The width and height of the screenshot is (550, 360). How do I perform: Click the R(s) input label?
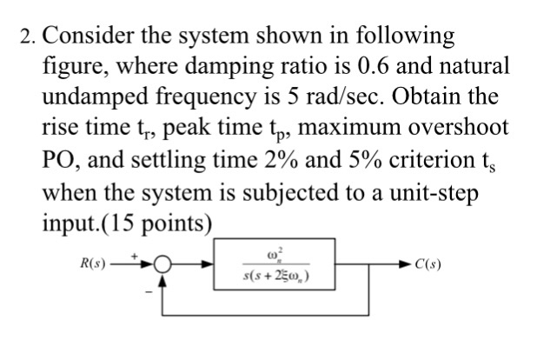pyautogui.click(x=93, y=263)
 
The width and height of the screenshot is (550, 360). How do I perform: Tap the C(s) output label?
pyautogui.click(x=428, y=263)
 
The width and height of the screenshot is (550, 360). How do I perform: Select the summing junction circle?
pyautogui.click(x=162, y=263)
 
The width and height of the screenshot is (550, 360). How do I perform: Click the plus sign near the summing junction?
pyautogui.click(x=134, y=257)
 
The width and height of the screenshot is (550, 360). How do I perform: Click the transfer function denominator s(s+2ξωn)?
pyautogui.click(x=276, y=277)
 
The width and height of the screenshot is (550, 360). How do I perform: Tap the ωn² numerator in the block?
pyautogui.click(x=275, y=254)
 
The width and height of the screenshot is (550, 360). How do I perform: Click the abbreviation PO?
pyautogui.click(x=58, y=159)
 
